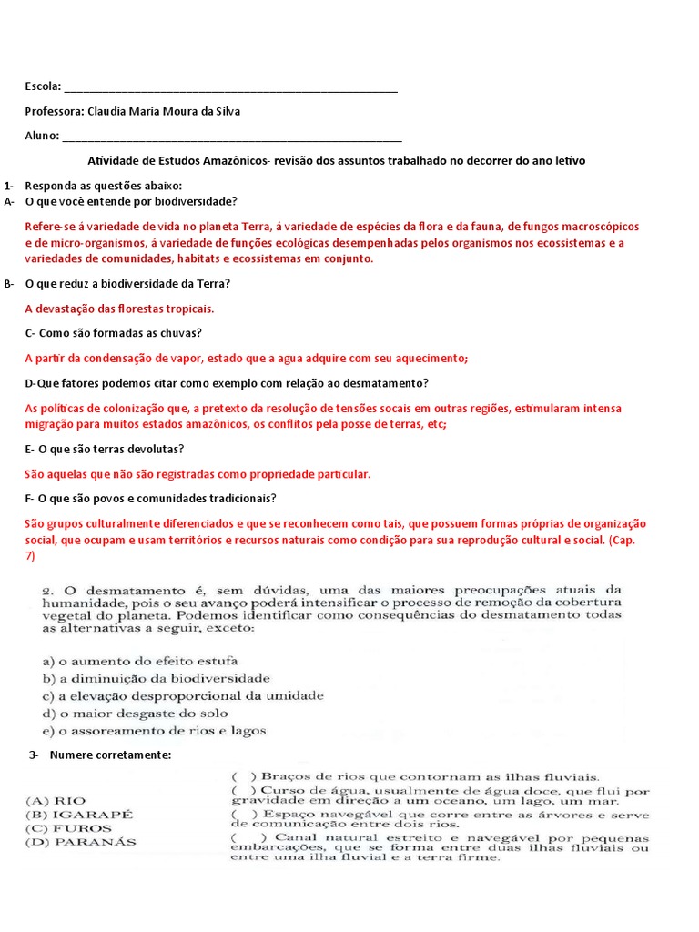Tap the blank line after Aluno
[x=232, y=137]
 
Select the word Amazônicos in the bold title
[x=228, y=160]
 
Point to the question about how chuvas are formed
[x=114, y=333]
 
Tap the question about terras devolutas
[x=105, y=450]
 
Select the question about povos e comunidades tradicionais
[x=151, y=499]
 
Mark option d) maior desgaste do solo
[x=136, y=713]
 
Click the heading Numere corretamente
[x=110, y=755]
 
